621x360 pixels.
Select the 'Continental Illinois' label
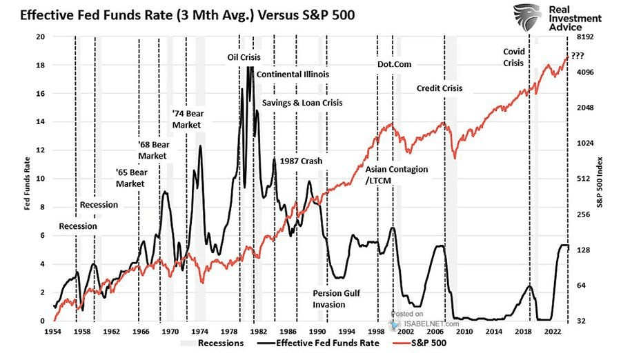point(293,74)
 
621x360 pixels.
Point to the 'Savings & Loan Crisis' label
point(302,102)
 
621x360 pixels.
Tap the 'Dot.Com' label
point(395,64)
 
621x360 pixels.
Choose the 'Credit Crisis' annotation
point(440,88)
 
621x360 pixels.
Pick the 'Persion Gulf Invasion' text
point(337,298)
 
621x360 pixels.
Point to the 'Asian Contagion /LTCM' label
point(396,174)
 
